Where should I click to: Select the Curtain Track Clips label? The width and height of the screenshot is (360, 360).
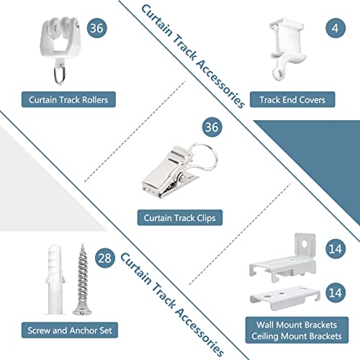tap(180, 217)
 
